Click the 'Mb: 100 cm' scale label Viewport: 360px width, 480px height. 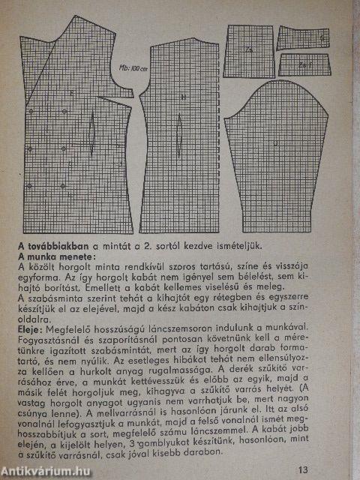click(133, 69)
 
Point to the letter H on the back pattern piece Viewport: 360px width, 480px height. click(182, 97)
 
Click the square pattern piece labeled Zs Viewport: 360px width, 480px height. click(248, 51)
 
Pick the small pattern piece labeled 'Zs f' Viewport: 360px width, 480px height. click(305, 64)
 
